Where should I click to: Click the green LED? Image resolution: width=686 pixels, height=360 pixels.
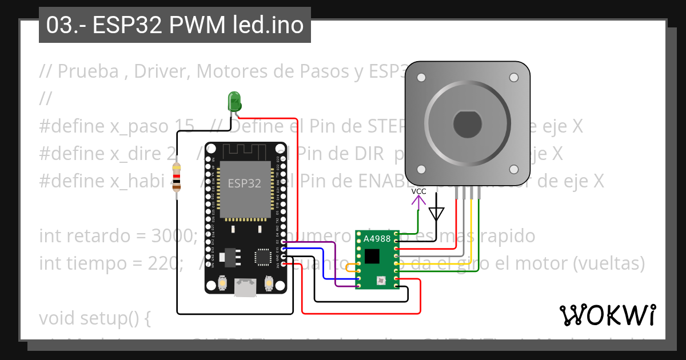click(x=234, y=102)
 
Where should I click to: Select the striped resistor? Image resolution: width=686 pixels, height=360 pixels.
click(x=177, y=177)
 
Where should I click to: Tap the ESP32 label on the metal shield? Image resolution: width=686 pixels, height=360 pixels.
click(x=244, y=183)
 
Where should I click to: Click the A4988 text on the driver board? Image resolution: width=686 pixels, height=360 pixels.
click(x=377, y=239)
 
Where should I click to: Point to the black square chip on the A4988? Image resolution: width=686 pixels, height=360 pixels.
click(x=372, y=255)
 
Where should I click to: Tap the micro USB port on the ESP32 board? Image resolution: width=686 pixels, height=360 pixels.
click(x=245, y=287)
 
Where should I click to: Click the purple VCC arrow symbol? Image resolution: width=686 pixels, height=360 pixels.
click(x=419, y=202)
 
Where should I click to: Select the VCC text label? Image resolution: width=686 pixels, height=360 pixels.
click(x=419, y=191)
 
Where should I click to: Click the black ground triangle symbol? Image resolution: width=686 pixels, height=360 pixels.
click(x=437, y=214)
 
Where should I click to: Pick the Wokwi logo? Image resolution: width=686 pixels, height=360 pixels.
click(x=607, y=315)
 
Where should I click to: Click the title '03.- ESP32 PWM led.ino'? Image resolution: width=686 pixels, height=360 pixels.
click(x=175, y=26)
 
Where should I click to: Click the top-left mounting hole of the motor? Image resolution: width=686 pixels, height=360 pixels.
click(x=421, y=77)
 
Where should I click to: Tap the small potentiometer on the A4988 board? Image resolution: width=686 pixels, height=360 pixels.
click(x=380, y=280)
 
